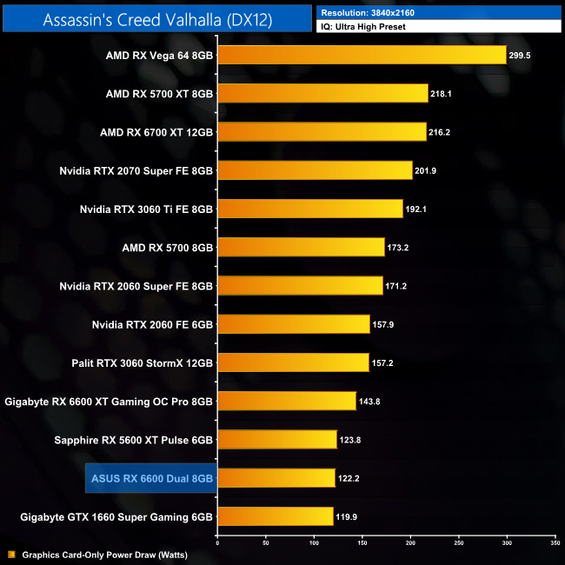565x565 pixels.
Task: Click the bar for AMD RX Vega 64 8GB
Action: (x=362, y=55)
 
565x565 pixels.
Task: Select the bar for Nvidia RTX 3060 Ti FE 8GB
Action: (x=310, y=209)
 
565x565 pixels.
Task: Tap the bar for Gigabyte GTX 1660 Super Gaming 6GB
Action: (x=276, y=516)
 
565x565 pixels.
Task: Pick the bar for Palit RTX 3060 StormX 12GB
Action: (x=293, y=362)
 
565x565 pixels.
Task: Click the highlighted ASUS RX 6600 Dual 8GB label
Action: (x=152, y=478)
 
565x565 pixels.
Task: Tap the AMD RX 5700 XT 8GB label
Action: (x=159, y=94)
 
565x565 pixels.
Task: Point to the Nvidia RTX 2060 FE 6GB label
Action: (x=152, y=324)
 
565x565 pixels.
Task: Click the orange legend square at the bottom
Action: (x=11, y=554)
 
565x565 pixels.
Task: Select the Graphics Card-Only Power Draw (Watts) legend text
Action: (x=104, y=554)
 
